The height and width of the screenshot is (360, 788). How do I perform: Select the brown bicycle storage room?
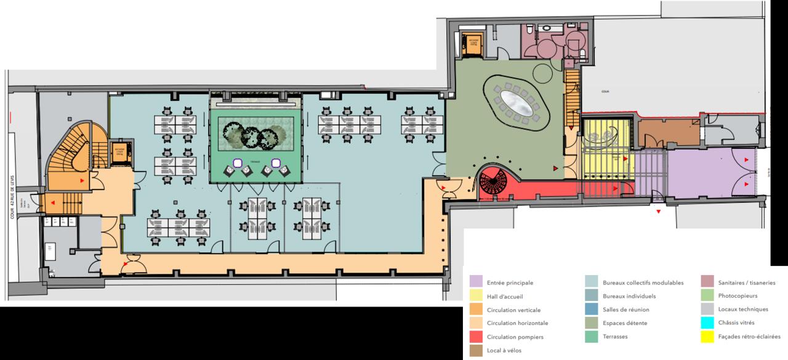point(664,133)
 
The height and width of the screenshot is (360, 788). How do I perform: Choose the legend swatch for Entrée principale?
point(475,282)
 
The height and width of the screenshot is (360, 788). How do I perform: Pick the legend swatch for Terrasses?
point(592,337)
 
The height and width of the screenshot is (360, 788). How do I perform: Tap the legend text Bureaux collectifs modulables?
point(643,282)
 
